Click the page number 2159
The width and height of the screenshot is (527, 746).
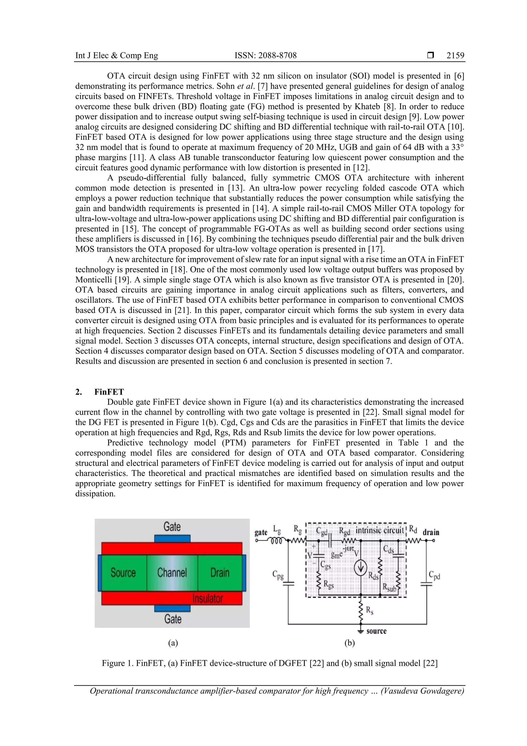click(x=455, y=56)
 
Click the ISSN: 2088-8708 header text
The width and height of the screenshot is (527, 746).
click(x=265, y=56)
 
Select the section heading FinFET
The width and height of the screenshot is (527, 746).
click(x=109, y=392)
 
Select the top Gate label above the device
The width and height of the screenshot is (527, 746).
click(x=172, y=527)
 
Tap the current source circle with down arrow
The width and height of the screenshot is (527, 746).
click(x=360, y=568)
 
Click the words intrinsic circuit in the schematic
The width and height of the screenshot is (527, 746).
click(x=379, y=530)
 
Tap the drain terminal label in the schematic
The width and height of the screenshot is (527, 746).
click(x=431, y=532)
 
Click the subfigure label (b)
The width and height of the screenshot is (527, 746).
click(x=349, y=643)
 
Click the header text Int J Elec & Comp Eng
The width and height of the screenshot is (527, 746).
click(x=117, y=56)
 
